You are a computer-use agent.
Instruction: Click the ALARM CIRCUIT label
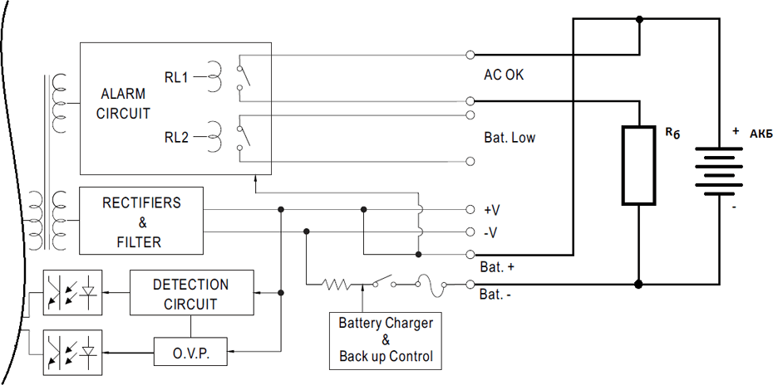pyautogui.click(x=123, y=103)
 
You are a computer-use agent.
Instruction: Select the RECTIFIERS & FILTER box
pyautogui.click(x=141, y=222)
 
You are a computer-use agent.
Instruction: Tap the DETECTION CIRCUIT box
pyautogui.click(x=191, y=293)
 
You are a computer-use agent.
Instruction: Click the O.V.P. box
pyautogui.click(x=190, y=353)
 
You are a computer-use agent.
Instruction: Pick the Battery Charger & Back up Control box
pyautogui.click(x=386, y=340)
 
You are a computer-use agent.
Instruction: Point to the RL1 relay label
pyautogui.click(x=176, y=77)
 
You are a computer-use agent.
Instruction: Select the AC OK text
pyautogui.click(x=504, y=75)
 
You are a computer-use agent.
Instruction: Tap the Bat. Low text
pyautogui.click(x=510, y=137)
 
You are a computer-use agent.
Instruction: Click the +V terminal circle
pyautogui.click(x=470, y=209)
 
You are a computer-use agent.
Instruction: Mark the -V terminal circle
pyautogui.click(x=470, y=231)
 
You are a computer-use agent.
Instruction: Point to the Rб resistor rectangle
pyautogui.click(x=638, y=166)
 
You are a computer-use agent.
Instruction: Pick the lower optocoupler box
pyautogui.click(x=72, y=352)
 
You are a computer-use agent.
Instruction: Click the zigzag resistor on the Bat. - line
pyautogui.click(x=339, y=285)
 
